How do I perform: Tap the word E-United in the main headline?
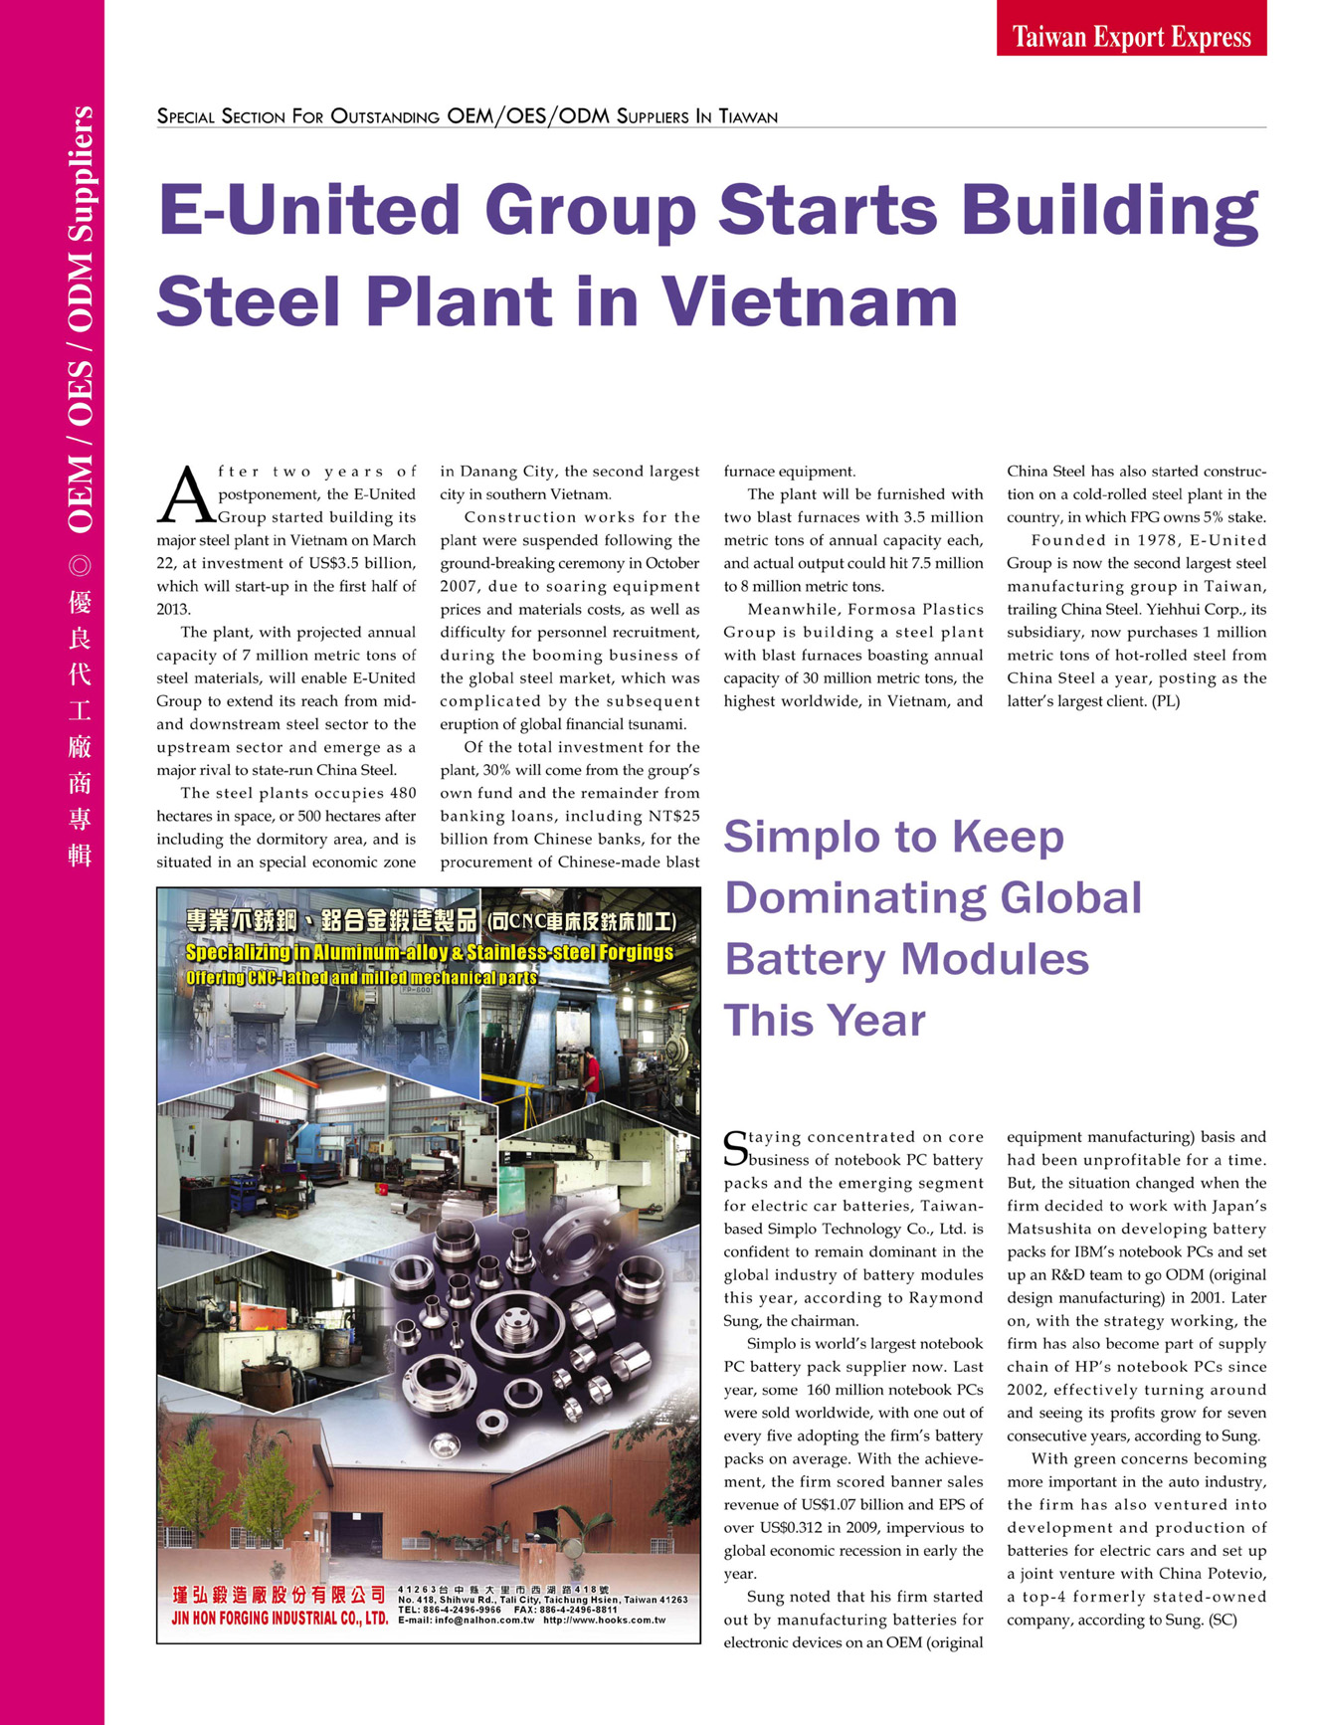coord(310,210)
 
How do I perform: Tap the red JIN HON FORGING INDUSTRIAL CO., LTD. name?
coord(280,1618)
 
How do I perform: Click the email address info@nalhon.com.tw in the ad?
coord(467,1621)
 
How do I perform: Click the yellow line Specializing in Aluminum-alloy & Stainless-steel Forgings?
coord(430,953)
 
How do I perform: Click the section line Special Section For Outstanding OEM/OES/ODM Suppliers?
coord(467,116)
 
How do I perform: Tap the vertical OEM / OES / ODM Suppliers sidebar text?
coord(81,318)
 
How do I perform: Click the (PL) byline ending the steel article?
coord(1162,701)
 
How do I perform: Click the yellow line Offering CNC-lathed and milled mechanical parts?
coord(361,978)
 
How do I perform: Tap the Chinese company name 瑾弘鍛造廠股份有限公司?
coord(279,1596)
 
